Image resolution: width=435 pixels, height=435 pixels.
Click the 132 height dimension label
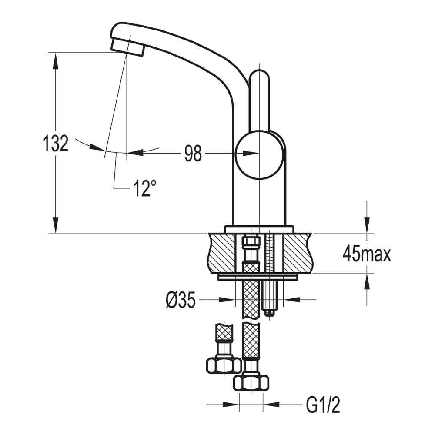pyautogui.click(x=56, y=144)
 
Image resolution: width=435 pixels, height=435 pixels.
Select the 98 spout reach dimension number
pyautogui.click(x=193, y=153)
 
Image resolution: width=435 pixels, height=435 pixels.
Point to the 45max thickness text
pyautogui.click(x=367, y=254)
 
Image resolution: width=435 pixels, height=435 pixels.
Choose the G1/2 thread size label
pyautogui.click(x=323, y=406)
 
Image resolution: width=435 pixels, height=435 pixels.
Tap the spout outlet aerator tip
pyautogui.click(x=127, y=47)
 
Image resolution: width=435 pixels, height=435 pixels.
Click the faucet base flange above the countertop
pyautogui.click(x=259, y=229)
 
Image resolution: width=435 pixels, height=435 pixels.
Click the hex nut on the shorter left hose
pyautogui.click(x=223, y=364)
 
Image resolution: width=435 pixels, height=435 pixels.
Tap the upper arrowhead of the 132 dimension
pyautogui.click(x=56, y=61)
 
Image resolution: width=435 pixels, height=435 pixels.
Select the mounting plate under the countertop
pyautogui.click(x=259, y=277)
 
